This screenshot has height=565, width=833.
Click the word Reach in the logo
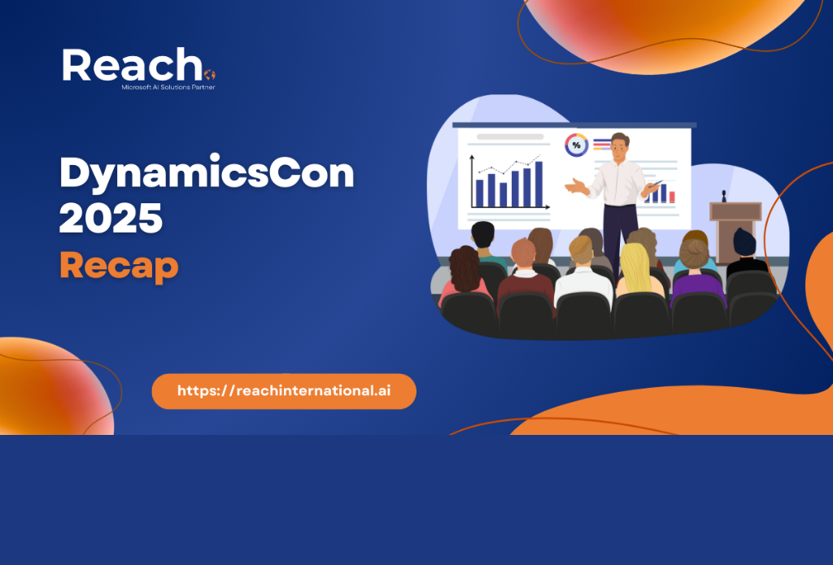[133, 65]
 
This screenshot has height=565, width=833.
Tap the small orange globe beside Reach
[210, 75]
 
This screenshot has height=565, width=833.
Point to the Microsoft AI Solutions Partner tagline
[168, 87]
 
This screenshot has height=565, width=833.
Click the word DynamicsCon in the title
[207, 172]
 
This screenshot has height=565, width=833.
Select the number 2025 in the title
[111, 217]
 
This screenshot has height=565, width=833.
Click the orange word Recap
[119, 266]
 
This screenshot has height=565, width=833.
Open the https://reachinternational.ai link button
[284, 391]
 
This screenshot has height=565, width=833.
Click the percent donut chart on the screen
[577, 145]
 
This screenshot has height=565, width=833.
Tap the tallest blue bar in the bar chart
[539, 184]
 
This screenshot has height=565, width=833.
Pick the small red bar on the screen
[672, 197]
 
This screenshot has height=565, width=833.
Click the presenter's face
[619, 150]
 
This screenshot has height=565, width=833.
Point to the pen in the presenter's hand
[655, 185]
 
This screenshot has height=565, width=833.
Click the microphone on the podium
[723, 196]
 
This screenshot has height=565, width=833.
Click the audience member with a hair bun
[696, 272]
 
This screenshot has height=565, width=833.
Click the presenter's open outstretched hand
[576, 186]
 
